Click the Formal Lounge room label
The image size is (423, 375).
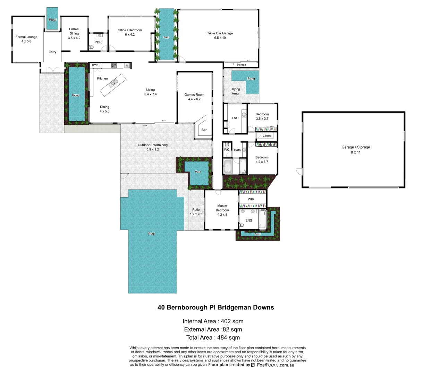(26, 37)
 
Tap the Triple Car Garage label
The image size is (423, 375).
(220, 33)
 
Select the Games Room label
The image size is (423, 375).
(194, 95)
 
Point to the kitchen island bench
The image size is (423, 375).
(112, 84)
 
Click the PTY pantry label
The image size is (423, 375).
(95, 66)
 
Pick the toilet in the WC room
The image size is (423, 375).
(227, 144)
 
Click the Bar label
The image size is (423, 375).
(204, 130)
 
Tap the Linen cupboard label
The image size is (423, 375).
(267, 136)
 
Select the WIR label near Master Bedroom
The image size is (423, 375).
(251, 199)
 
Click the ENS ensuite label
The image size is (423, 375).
(249, 220)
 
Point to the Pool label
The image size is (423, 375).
(152, 234)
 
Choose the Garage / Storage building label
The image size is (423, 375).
(356, 147)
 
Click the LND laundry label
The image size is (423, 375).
(235, 118)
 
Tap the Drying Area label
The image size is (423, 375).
(235, 91)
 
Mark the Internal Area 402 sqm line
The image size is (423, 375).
(213, 321)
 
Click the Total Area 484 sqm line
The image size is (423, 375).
(213, 337)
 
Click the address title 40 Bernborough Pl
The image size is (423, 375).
(215, 307)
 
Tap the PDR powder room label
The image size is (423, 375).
(98, 42)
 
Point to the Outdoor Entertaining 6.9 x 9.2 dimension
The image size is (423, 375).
(153, 150)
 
